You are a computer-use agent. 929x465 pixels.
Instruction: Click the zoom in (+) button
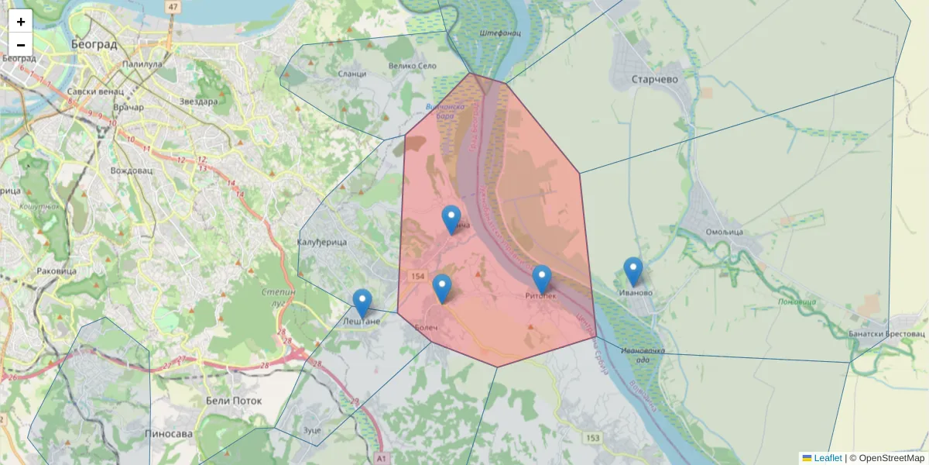(21, 22)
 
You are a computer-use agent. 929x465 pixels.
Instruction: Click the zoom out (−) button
(21, 45)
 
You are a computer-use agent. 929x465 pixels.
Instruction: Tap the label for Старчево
(654, 80)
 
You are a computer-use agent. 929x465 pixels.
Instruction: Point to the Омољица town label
(725, 232)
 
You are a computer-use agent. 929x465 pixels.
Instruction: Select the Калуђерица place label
(322, 243)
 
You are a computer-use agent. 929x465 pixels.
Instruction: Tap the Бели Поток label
(234, 401)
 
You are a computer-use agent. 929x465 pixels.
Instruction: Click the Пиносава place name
(169, 434)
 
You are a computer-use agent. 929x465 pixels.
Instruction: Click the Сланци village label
(352, 74)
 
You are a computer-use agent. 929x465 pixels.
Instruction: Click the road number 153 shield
(592, 439)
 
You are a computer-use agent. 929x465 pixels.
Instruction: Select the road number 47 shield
(172, 7)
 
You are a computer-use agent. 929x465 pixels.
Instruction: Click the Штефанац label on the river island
(500, 34)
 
